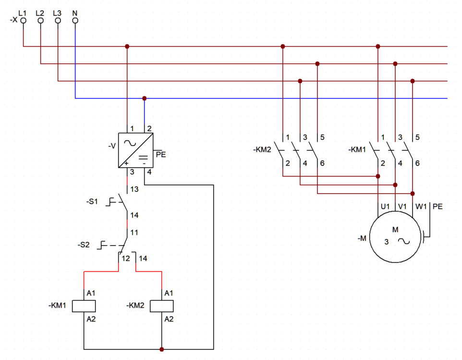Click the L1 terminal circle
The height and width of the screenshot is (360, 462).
23,21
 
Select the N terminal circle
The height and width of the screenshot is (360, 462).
75,21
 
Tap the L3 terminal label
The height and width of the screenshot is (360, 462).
57,13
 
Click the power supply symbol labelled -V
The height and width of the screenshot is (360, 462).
135,150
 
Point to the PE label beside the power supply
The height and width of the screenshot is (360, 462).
161,154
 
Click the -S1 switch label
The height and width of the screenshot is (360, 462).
92,202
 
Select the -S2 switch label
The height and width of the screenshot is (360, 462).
84,245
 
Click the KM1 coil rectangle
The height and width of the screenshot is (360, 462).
84,306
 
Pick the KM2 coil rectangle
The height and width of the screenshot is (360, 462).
162,306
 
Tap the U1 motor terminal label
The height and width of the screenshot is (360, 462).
385,206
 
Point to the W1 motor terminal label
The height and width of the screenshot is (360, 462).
421,206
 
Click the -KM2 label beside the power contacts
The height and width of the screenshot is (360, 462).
262,150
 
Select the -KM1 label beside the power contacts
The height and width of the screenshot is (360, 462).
357,150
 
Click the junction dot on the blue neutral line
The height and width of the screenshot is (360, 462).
145,98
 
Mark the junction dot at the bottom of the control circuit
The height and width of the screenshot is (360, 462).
162,349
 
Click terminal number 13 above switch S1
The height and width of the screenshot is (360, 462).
134,189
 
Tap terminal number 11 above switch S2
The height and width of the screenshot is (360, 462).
134,233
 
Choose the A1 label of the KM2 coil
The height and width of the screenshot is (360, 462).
169,293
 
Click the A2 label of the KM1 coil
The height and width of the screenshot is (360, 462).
91,319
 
